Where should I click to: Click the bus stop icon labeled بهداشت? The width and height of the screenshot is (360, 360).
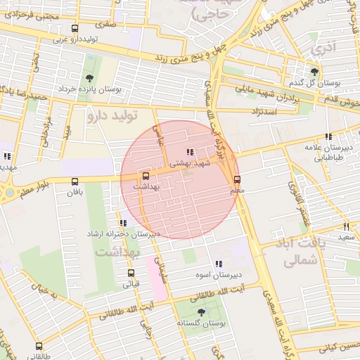pos(146,176)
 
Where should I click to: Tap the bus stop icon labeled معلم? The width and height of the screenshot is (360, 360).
pos(237,179)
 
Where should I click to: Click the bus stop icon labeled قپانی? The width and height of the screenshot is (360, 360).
pos(131,273)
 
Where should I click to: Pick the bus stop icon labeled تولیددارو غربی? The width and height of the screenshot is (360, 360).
pos(75,29)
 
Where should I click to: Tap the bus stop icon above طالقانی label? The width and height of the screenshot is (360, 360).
pos(39,346)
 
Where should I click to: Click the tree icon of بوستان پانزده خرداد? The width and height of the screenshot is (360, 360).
pos(89,78)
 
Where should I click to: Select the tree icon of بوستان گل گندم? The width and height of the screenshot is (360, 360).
pos(314,71)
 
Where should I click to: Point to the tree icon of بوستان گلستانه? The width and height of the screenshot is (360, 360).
pos(202,311)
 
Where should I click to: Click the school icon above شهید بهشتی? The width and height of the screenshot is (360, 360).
pos(188,151)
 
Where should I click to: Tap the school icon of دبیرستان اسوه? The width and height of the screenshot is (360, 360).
pos(218,264)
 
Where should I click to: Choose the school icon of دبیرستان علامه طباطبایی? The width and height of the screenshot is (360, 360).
pos(327,137)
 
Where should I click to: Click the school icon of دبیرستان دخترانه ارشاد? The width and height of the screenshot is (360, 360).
pos(124,223)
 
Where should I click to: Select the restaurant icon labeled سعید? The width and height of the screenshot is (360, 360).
pos(346,226)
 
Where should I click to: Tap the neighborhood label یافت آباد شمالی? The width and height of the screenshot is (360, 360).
pos(295,252)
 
